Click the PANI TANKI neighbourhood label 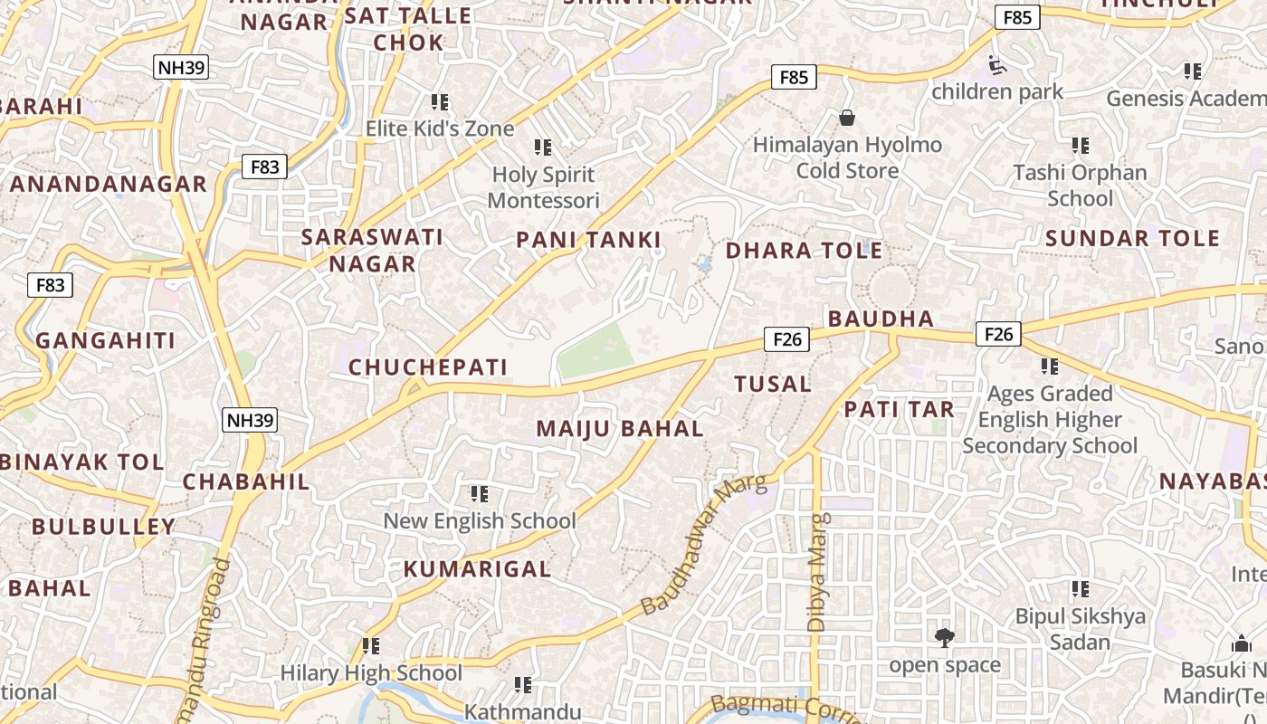point(588,240)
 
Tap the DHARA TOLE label point(804,251)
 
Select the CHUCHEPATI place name point(428,367)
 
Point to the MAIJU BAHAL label point(620,429)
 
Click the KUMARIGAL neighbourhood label point(477,569)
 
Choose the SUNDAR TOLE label point(1132,239)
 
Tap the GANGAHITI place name point(105,341)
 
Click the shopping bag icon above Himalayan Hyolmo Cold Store point(847,118)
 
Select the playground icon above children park point(996,65)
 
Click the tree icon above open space point(944,638)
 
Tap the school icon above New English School point(479,494)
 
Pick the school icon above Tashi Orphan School point(1080,146)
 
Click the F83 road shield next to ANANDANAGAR point(264,167)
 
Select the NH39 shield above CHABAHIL point(250,420)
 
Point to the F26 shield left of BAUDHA point(786,339)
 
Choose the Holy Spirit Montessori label point(544,187)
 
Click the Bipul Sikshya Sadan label point(1080,629)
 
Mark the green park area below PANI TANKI point(595,353)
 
